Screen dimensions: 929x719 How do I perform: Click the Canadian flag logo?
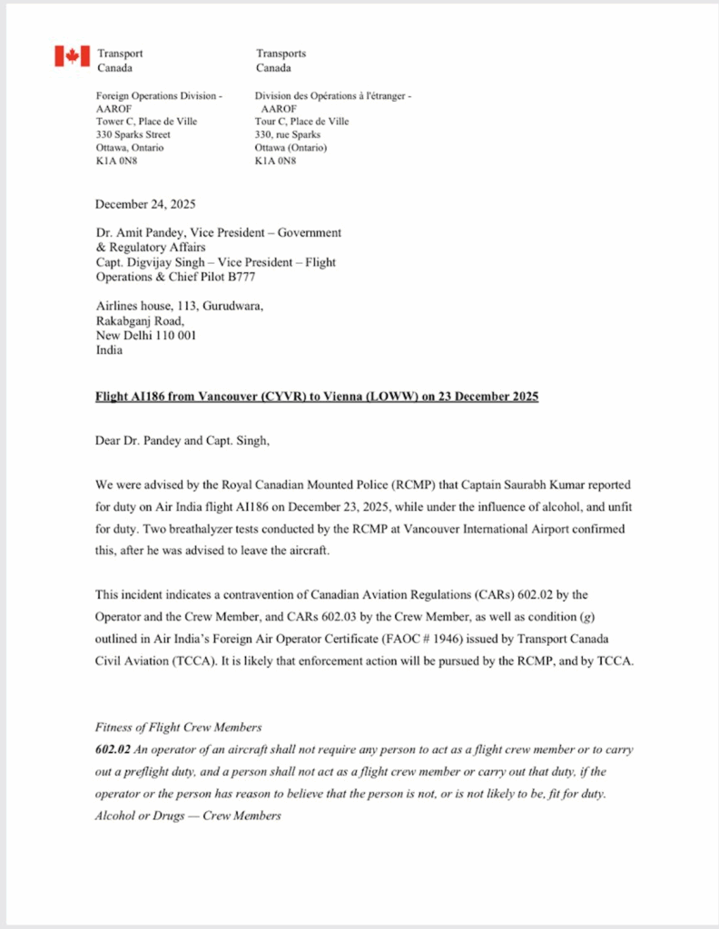(72, 56)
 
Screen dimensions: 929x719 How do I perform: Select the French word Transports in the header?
(281, 54)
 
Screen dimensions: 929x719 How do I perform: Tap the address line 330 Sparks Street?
(133, 134)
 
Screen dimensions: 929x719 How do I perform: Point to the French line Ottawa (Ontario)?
(291, 148)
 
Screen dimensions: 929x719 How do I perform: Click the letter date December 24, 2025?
(145, 204)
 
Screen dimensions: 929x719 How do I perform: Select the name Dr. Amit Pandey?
(137, 233)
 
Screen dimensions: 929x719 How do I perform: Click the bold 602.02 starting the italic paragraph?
(112, 750)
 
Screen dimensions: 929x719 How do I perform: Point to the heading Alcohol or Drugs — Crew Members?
(188, 816)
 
